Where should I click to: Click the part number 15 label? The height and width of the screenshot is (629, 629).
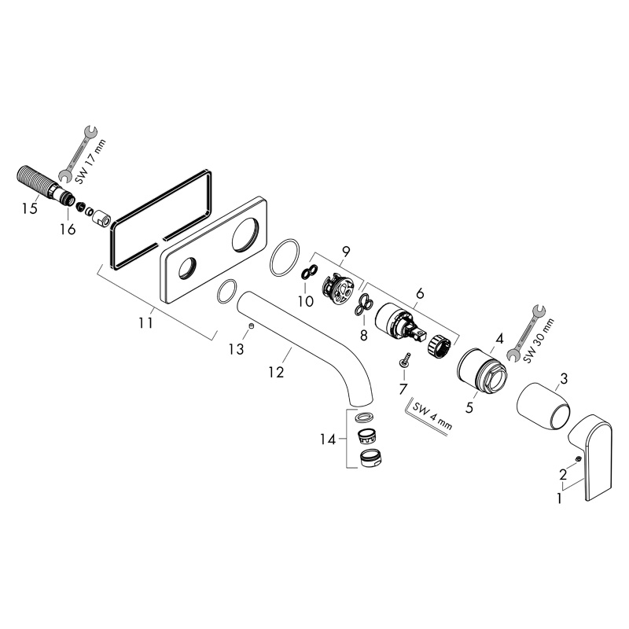30,208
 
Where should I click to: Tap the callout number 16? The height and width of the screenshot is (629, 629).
68,230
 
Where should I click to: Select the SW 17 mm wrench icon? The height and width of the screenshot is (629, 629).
78,153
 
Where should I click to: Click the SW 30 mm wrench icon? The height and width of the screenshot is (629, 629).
526,333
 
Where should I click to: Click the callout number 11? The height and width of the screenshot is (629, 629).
146,322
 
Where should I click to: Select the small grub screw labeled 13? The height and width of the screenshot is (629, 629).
251,326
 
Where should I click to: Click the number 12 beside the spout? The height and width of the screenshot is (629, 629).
277,372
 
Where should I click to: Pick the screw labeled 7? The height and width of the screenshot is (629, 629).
405,359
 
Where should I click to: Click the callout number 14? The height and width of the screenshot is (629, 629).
327,440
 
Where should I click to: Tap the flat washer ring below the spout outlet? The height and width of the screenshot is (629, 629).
364,417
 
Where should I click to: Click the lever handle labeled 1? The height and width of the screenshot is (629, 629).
590,457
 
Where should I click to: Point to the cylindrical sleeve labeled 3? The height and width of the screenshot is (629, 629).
543,406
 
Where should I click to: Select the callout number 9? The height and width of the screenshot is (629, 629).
346,252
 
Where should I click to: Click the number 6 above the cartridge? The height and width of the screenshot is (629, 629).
420,293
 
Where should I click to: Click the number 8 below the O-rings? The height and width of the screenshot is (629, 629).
363,336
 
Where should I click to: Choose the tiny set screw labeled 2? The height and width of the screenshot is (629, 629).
578,459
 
